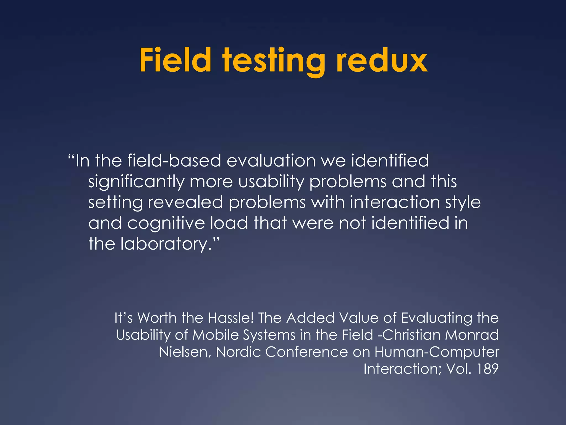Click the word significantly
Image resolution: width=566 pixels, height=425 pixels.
(136, 182)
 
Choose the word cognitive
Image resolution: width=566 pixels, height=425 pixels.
(166, 223)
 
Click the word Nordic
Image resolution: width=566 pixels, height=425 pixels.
(238, 352)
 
